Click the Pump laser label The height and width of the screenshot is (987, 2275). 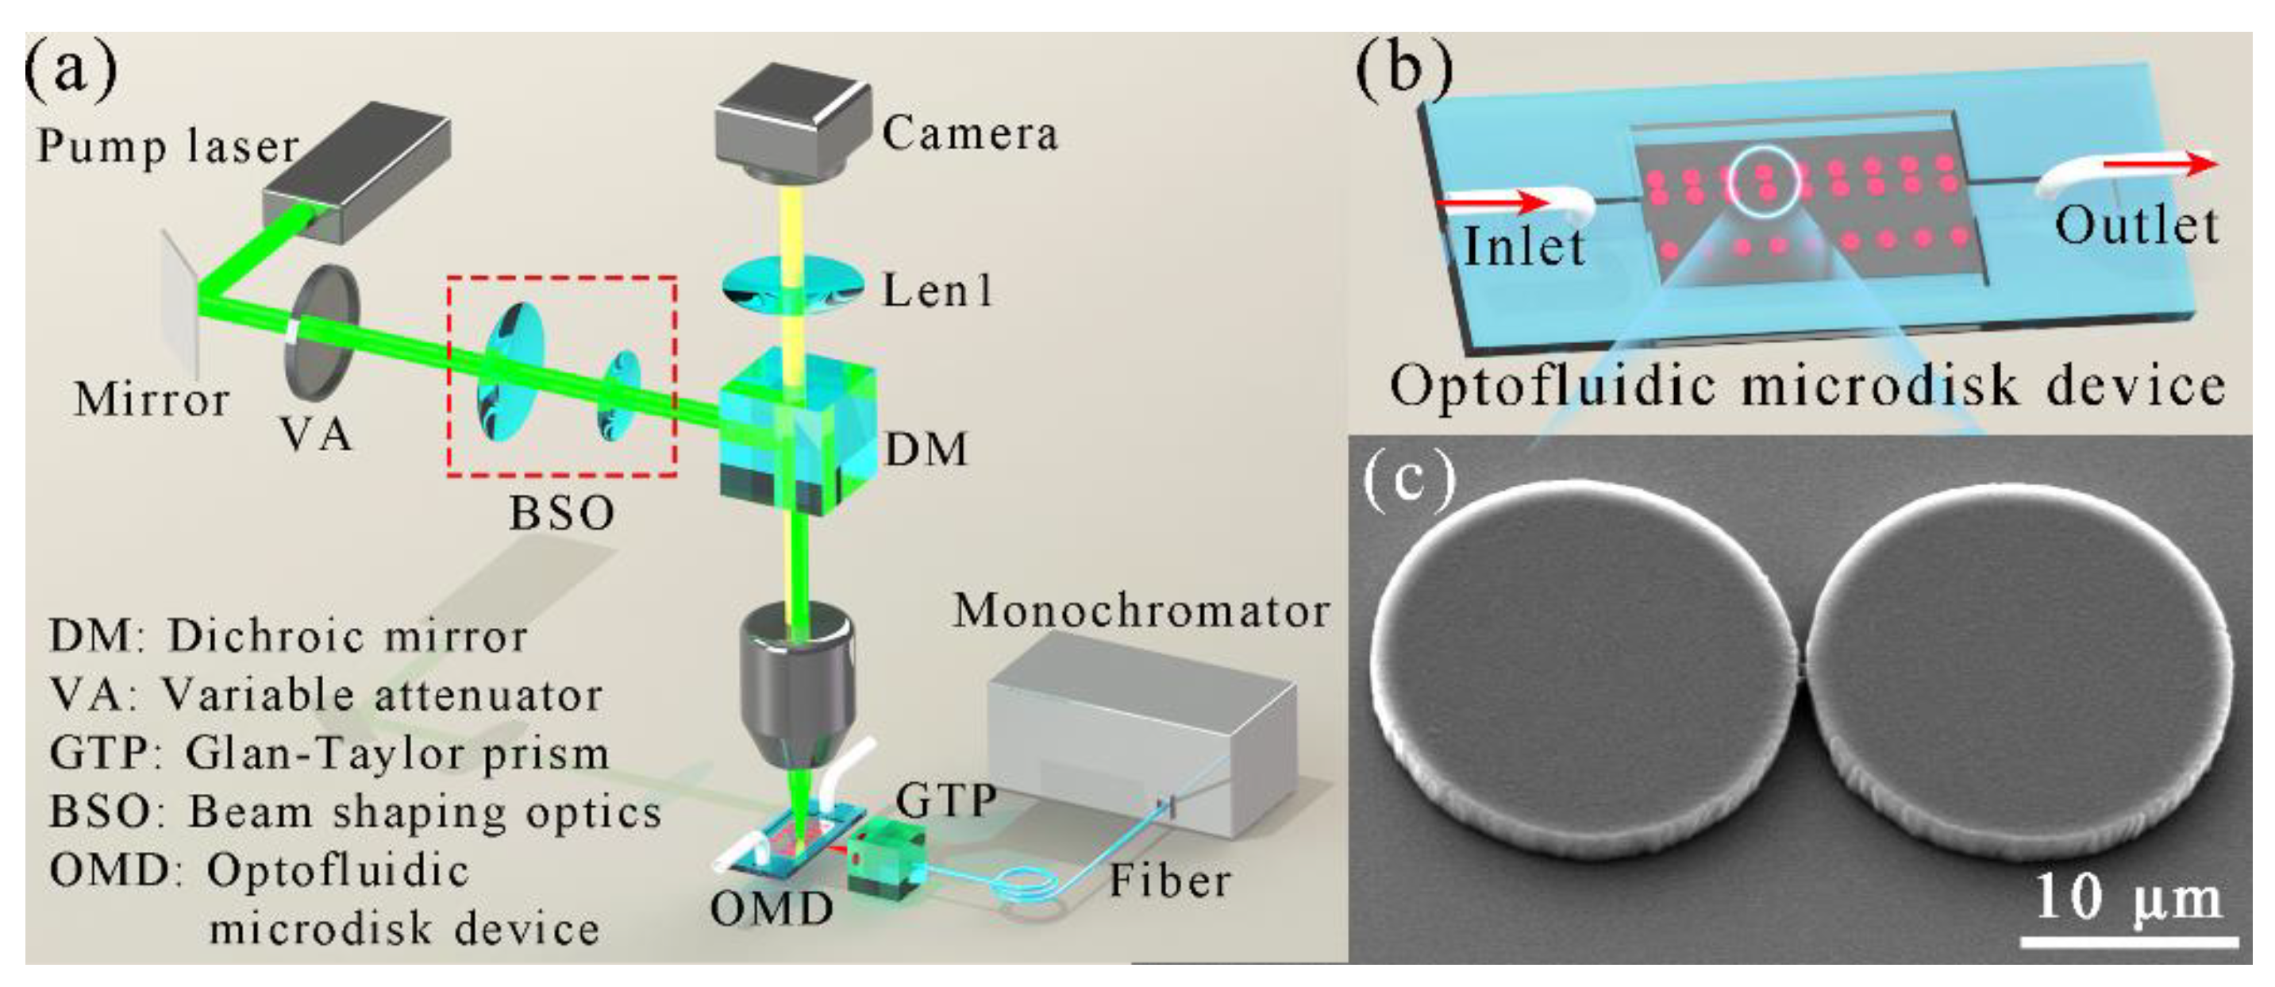(x=167, y=146)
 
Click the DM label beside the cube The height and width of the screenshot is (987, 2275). (x=926, y=449)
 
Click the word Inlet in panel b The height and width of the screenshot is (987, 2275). (x=1523, y=245)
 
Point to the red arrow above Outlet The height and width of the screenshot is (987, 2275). (x=2159, y=164)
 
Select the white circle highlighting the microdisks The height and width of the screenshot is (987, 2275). (x=1764, y=179)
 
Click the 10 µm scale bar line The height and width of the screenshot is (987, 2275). (x=2128, y=943)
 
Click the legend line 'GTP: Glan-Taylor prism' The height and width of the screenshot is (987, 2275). (x=329, y=754)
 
